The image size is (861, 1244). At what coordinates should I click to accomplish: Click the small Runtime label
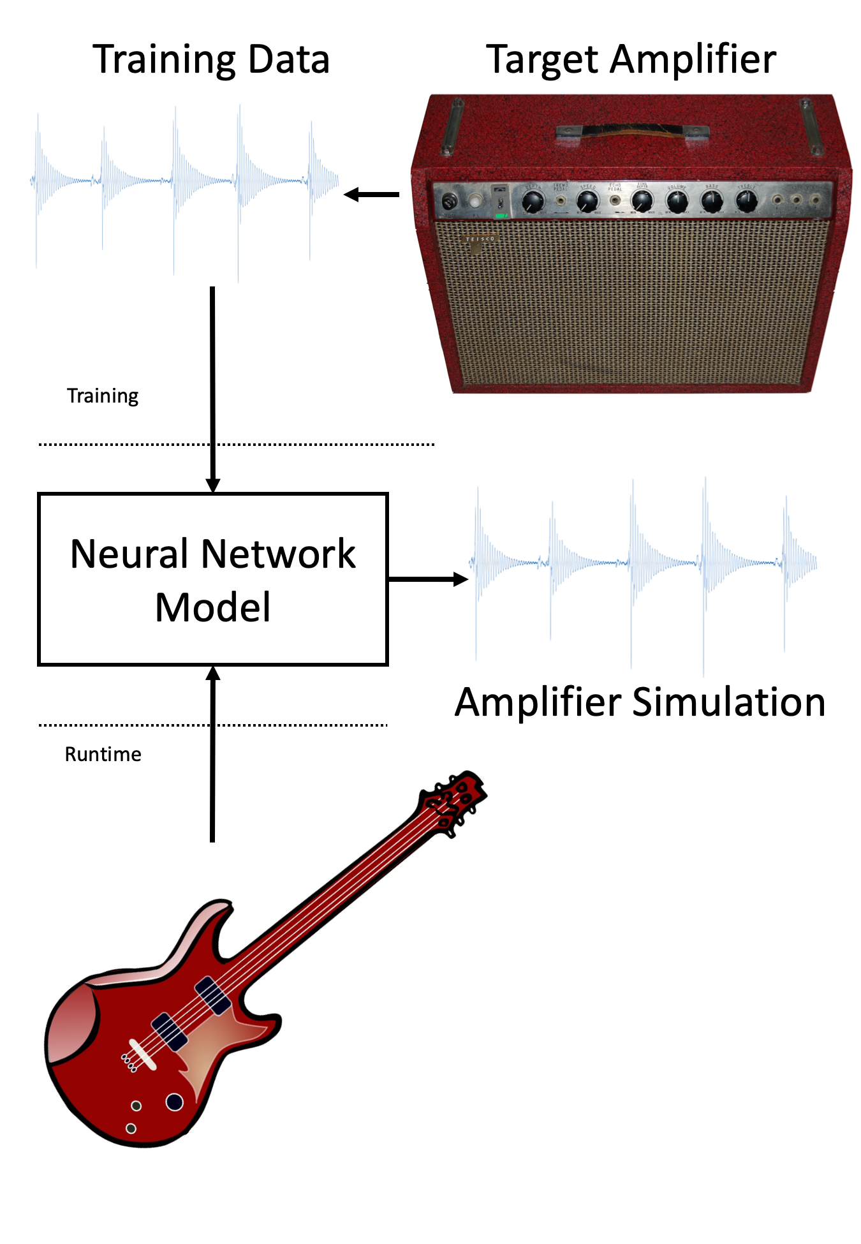click(103, 754)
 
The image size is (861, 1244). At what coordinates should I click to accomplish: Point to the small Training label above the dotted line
click(103, 396)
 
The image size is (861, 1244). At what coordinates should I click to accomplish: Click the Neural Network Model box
click(213, 579)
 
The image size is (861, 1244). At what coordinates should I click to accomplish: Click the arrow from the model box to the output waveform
click(428, 579)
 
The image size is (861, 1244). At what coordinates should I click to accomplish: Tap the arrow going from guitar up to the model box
click(213, 753)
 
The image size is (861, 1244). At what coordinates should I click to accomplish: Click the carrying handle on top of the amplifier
click(632, 131)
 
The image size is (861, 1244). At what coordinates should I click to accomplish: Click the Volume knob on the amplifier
click(677, 202)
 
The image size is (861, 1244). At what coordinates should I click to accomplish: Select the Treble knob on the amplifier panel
click(746, 201)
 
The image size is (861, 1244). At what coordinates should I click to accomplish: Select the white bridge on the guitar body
click(142, 1054)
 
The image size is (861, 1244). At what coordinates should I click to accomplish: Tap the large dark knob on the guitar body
click(174, 1102)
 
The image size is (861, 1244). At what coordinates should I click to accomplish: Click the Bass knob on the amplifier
click(712, 201)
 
